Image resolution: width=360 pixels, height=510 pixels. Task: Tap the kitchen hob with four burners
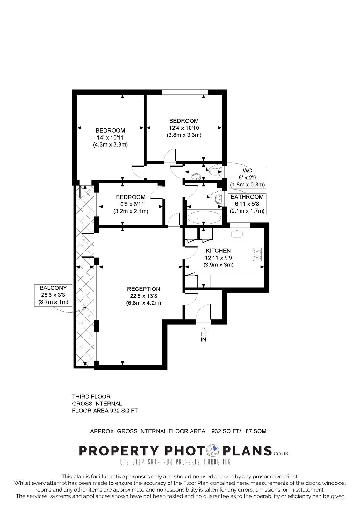click(x=257, y=254)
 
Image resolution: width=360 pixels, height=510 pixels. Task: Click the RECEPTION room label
click(x=143, y=289)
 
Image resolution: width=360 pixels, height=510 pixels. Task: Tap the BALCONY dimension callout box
click(x=53, y=295)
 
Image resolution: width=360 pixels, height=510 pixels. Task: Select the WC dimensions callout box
click(x=247, y=178)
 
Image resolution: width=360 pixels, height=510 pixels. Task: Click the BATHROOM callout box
click(x=247, y=204)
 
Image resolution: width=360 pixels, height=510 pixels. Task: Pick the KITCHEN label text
click(x=218, y=251)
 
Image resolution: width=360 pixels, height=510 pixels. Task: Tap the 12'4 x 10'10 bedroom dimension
click(x=184, y=128)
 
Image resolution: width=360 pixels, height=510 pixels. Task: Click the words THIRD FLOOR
click(x=91, y=397)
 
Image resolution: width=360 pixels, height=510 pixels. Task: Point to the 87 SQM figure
click(x=256, y=431)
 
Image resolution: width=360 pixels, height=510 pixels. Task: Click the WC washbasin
click(x=196, y=177)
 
